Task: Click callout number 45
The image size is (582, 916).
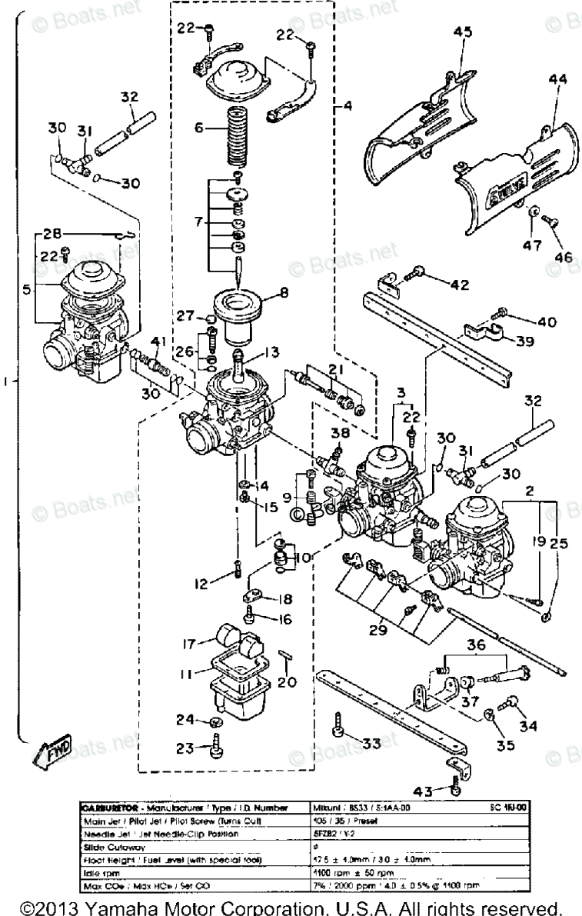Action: [x=461, y=32]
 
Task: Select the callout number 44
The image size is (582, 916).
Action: [x=557, y=78]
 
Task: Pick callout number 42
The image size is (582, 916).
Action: [x=459, y=285]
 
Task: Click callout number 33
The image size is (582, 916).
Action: [x=371, y=744]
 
